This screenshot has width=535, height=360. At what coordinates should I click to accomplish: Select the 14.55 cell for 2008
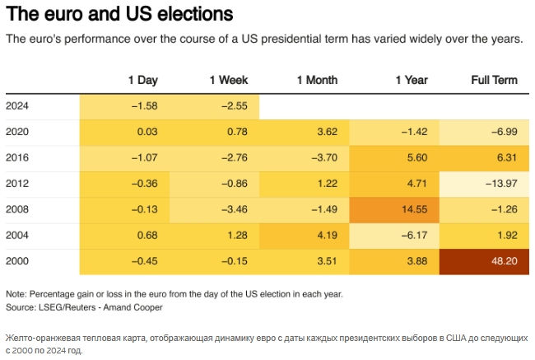click(x=394, y=209)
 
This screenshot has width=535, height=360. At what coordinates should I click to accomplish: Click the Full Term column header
click(x=494, y=80)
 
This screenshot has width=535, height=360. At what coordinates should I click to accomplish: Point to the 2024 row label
click(x=17, y=105)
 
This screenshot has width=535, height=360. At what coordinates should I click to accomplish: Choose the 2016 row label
click(x=17, y=157)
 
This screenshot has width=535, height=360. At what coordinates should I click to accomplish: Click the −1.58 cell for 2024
click(x=125, y=105)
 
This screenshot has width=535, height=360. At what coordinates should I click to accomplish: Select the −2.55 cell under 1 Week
click(x=215, y=105)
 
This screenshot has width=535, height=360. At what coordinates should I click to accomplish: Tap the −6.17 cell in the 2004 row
click(x=394, y=236)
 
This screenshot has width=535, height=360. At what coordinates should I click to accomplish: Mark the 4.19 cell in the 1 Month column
click(x=305, y=236)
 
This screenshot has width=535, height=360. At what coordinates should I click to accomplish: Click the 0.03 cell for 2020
click(x=125, y=132)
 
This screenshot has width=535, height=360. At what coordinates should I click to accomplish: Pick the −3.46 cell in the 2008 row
click(x=215, y=209)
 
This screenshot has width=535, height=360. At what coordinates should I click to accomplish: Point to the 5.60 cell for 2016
click(x=394, y=157)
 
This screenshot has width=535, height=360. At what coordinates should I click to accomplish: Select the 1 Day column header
click(x=142, y=80)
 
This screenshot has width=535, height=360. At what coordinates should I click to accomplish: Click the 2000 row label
click(x=17, y=262)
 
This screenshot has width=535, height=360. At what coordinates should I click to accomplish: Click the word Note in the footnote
click(x=16, y=294)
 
